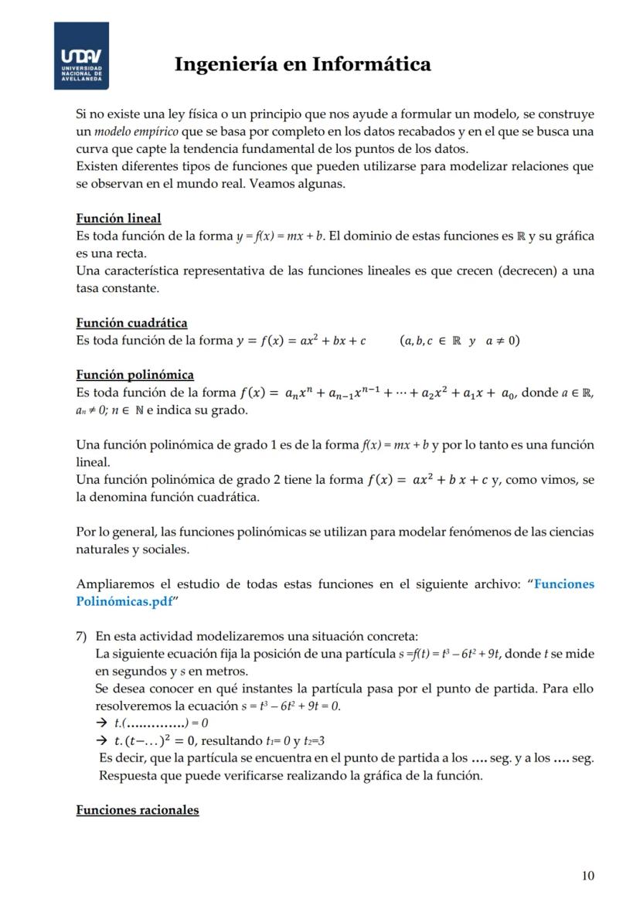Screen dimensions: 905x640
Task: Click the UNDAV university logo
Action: (81, 55)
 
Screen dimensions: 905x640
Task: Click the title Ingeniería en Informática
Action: (302, 63)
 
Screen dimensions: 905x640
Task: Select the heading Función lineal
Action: (118, 218)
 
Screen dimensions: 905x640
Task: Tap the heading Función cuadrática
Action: (131, 322)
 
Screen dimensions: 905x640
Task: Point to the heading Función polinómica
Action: (134, 375)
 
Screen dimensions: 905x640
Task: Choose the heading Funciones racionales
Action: (137, 810)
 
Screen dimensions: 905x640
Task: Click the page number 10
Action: (587, 876)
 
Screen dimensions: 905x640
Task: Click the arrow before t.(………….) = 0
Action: (100, 723)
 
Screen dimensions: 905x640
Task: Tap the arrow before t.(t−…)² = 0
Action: (100, 741)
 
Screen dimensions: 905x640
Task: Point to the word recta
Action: (129, 253)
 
